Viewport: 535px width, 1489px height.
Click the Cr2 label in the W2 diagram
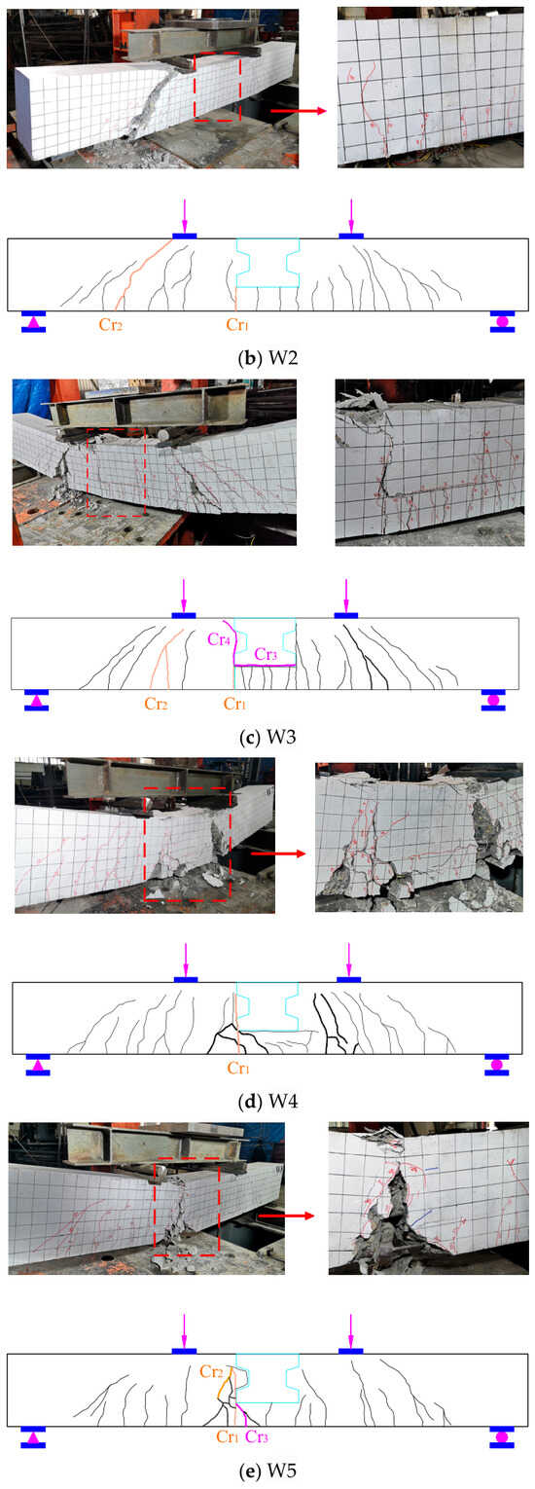point(110,324)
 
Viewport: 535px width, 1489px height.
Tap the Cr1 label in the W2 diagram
point(237,324)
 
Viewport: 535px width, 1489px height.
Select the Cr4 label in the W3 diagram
point(219,638)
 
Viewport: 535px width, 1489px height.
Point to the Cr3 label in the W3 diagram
point(266,655)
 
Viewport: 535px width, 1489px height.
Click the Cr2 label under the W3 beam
point(156,704)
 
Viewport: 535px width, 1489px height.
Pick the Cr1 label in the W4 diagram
point(238,1068)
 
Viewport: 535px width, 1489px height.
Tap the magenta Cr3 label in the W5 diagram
point(257,1436)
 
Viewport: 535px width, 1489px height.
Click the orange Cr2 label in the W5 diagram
point(212,1370)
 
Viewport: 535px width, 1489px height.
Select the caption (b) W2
point(267,357)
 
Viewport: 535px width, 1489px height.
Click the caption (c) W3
point(267,737)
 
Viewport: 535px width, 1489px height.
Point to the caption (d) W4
point(267,1102)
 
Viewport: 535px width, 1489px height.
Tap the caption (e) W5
point(267,1471)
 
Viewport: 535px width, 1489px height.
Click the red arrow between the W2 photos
point(299,111)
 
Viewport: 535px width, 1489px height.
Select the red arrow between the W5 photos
point(285,1216)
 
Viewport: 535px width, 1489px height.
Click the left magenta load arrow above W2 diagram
point(184,215)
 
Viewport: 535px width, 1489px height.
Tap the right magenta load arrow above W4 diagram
point(348,960)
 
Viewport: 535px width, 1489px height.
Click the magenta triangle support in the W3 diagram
point(37,700)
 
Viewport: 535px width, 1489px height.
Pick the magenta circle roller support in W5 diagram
point(502,1437)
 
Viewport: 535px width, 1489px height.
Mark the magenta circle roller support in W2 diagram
point(503,322)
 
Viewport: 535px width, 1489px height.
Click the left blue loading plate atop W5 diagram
point(184,1352)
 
